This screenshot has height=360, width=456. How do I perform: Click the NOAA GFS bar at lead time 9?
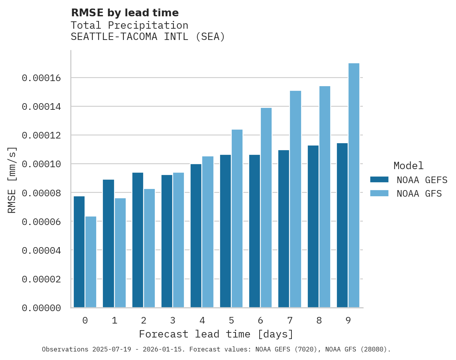354,185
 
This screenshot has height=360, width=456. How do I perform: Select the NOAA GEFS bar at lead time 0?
79,252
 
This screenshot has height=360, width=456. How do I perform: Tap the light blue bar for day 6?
266,208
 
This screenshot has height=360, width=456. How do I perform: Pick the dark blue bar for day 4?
196,236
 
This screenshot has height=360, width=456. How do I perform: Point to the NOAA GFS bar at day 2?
149,248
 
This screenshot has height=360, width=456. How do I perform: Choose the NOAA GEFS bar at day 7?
284,229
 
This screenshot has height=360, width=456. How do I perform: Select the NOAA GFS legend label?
419,193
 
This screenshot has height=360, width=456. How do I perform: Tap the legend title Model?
408,166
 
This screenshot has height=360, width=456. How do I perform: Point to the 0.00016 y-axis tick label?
41,78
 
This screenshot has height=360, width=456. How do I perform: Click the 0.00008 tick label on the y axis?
41,193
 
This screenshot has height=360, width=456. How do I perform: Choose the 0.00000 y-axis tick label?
41,308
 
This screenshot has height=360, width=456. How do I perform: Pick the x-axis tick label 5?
231,320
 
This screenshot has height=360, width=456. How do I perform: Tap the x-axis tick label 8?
319,320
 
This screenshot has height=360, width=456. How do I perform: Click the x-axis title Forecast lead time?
216,334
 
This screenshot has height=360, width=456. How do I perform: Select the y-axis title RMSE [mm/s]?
12,180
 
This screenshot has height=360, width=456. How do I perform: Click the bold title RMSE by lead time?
125,13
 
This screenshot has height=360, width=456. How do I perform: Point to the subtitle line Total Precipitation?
129,25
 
